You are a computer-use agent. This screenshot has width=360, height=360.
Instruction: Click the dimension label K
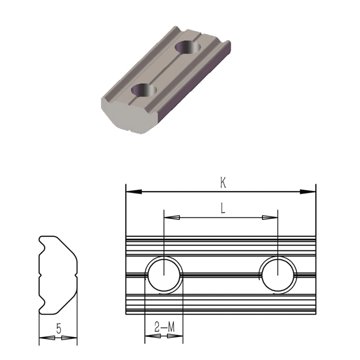pyautogui.click(x=222, y=182)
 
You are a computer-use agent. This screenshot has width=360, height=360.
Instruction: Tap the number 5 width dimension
pyautogui.click(x=58, y=328)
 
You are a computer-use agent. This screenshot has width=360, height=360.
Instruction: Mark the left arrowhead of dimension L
pyautogui.click(x=172, y=218)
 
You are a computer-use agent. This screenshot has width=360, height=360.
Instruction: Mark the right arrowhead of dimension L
pyautogui.click(x=270, y=218)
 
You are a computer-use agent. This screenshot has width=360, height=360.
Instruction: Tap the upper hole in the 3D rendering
pyautogui.click(x=188, y=46)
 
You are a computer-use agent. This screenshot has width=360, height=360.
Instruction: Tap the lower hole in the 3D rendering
pyautogui.click(x=144, y=90)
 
